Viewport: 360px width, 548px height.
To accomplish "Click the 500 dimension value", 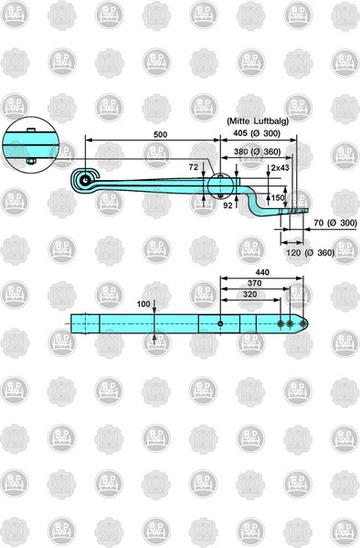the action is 161,134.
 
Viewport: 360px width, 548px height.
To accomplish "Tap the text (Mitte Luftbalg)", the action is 258,121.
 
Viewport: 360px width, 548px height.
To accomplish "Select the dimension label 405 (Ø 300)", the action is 257,133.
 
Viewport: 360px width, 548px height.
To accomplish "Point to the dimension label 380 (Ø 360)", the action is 257,152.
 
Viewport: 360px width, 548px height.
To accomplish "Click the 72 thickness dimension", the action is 194,167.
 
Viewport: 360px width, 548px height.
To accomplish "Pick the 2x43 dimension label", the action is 280,168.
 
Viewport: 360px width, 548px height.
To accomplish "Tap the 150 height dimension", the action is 278,198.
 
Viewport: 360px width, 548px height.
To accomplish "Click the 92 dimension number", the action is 228,205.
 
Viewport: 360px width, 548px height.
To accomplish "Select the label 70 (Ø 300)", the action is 335,223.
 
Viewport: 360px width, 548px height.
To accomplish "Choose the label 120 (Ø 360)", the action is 311,252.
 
